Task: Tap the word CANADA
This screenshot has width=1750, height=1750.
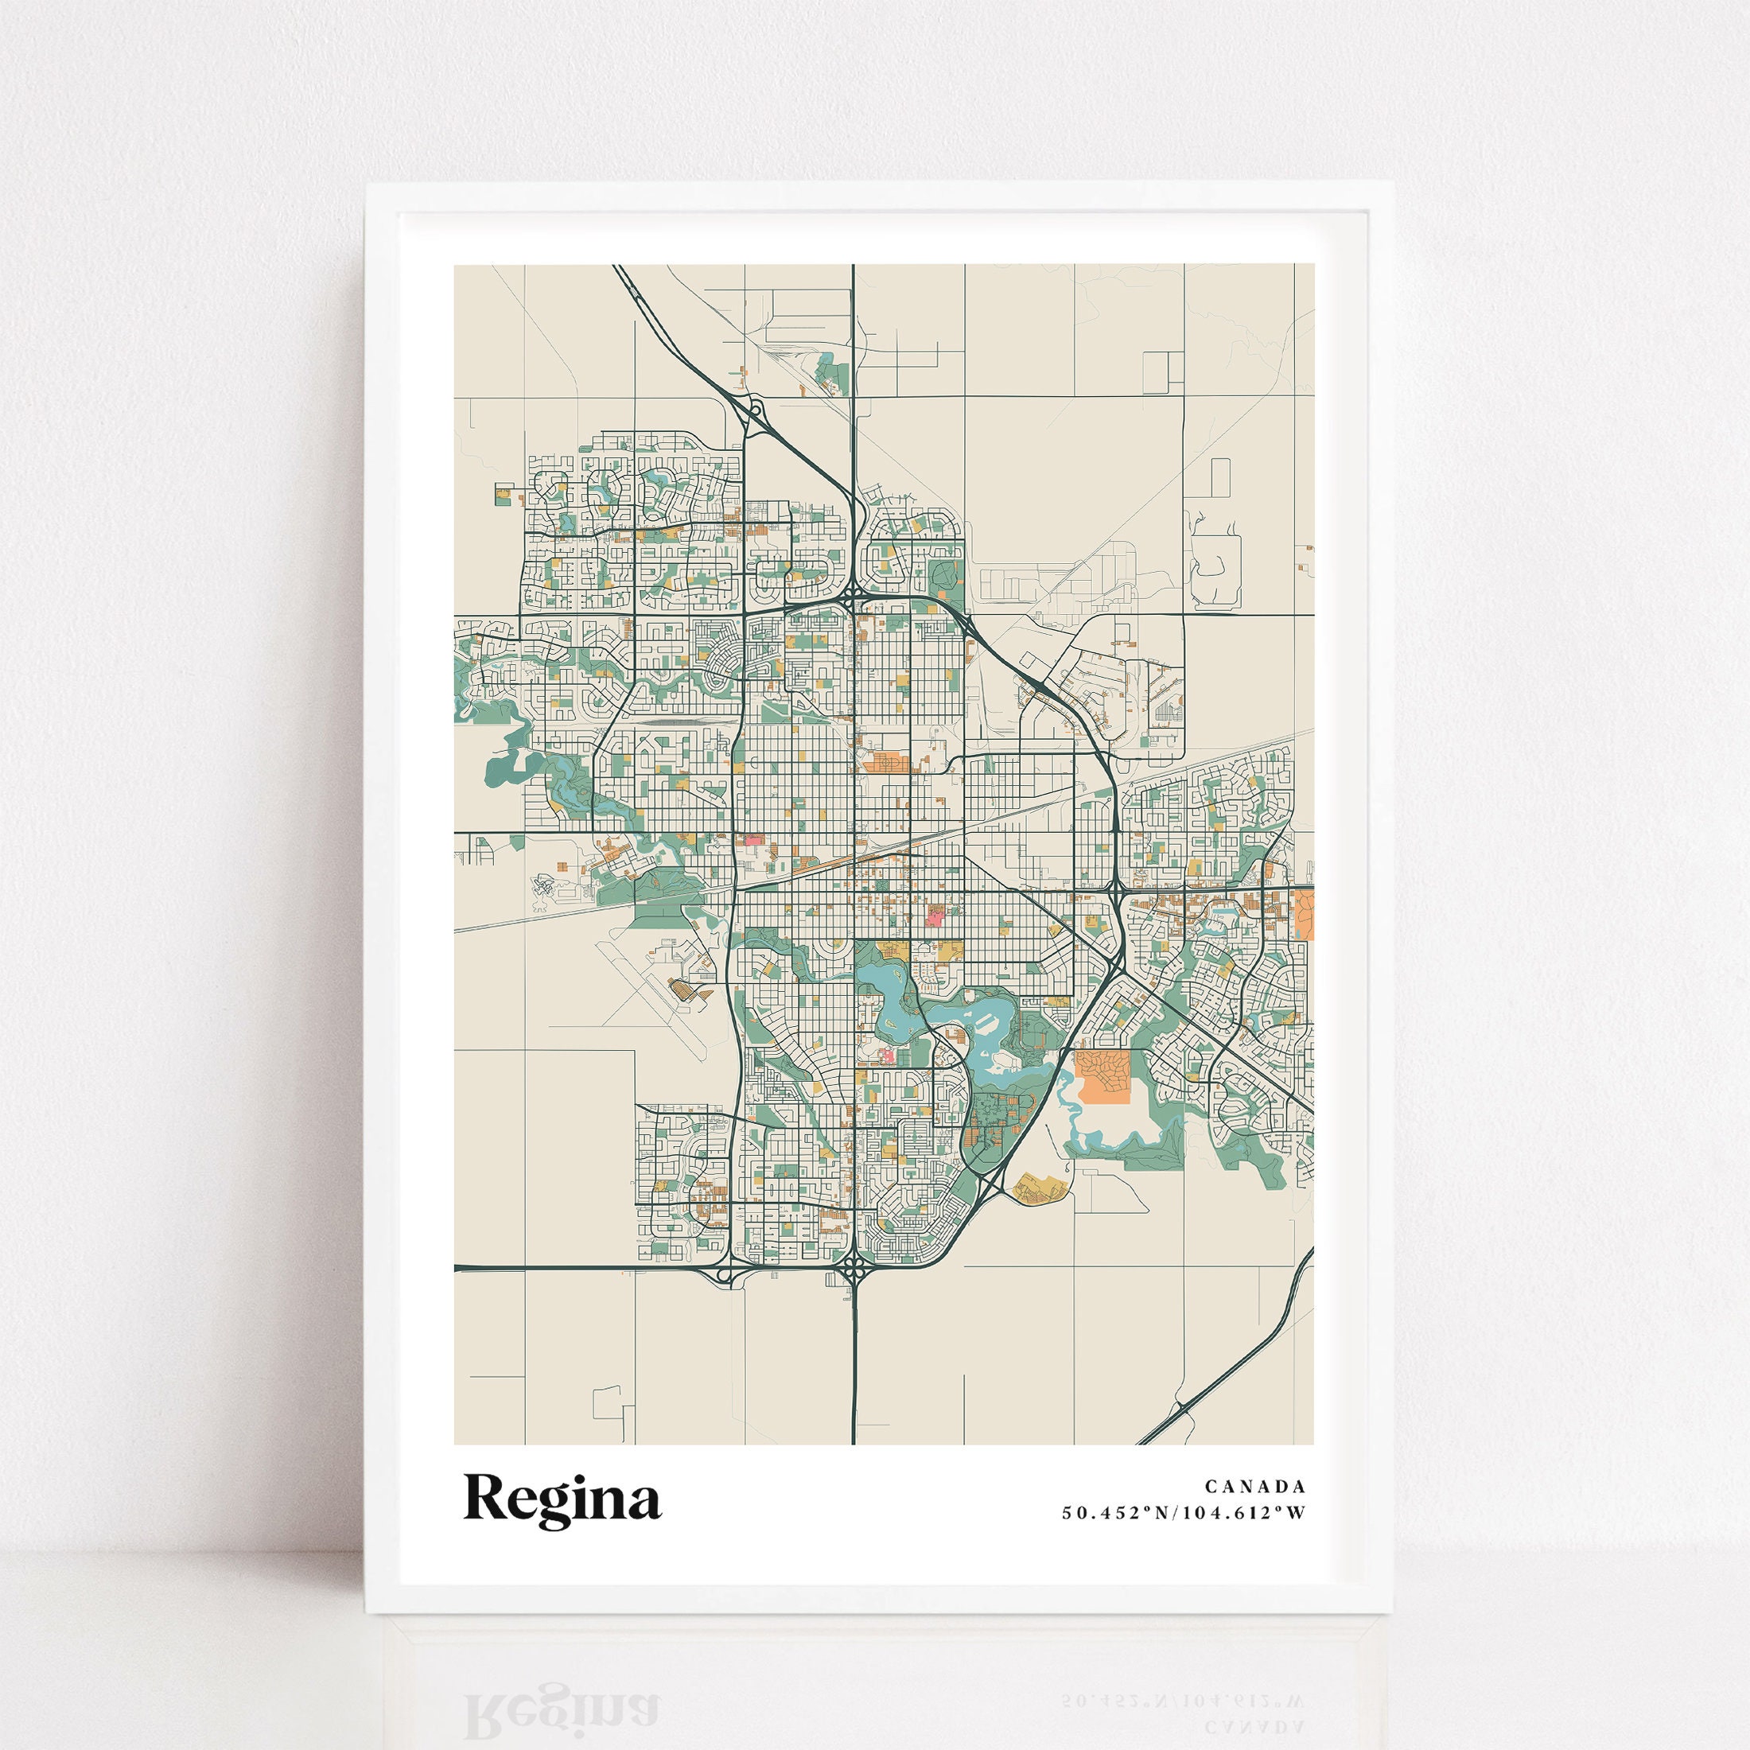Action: coord(1255,1487)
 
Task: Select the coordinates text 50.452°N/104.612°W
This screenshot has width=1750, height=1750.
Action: coord(1184,1513)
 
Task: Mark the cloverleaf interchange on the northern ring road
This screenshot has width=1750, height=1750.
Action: coord(854,599)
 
